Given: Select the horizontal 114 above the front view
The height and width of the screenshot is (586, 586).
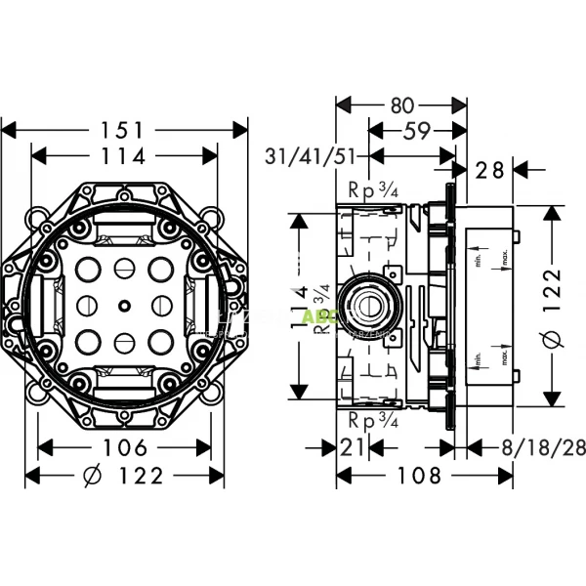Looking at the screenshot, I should pos(124,155).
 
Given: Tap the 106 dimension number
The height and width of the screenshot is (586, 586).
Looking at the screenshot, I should pos(124,448).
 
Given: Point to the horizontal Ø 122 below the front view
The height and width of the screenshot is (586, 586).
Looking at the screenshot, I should pos(124,477).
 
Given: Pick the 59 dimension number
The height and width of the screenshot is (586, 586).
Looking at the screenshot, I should pos(413,130).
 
